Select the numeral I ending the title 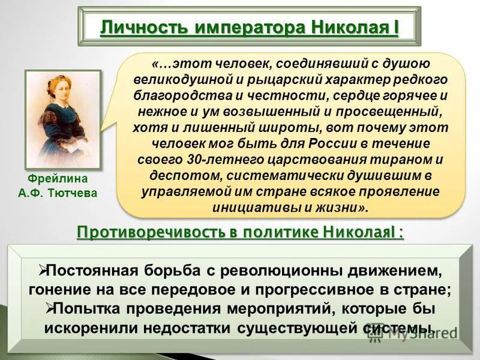[x=395, y=28]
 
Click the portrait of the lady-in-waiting [x=62, y=119]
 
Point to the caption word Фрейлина [x=57, y=179]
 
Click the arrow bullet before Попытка [x=50, y=308]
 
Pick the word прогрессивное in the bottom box [x=321, y=289]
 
